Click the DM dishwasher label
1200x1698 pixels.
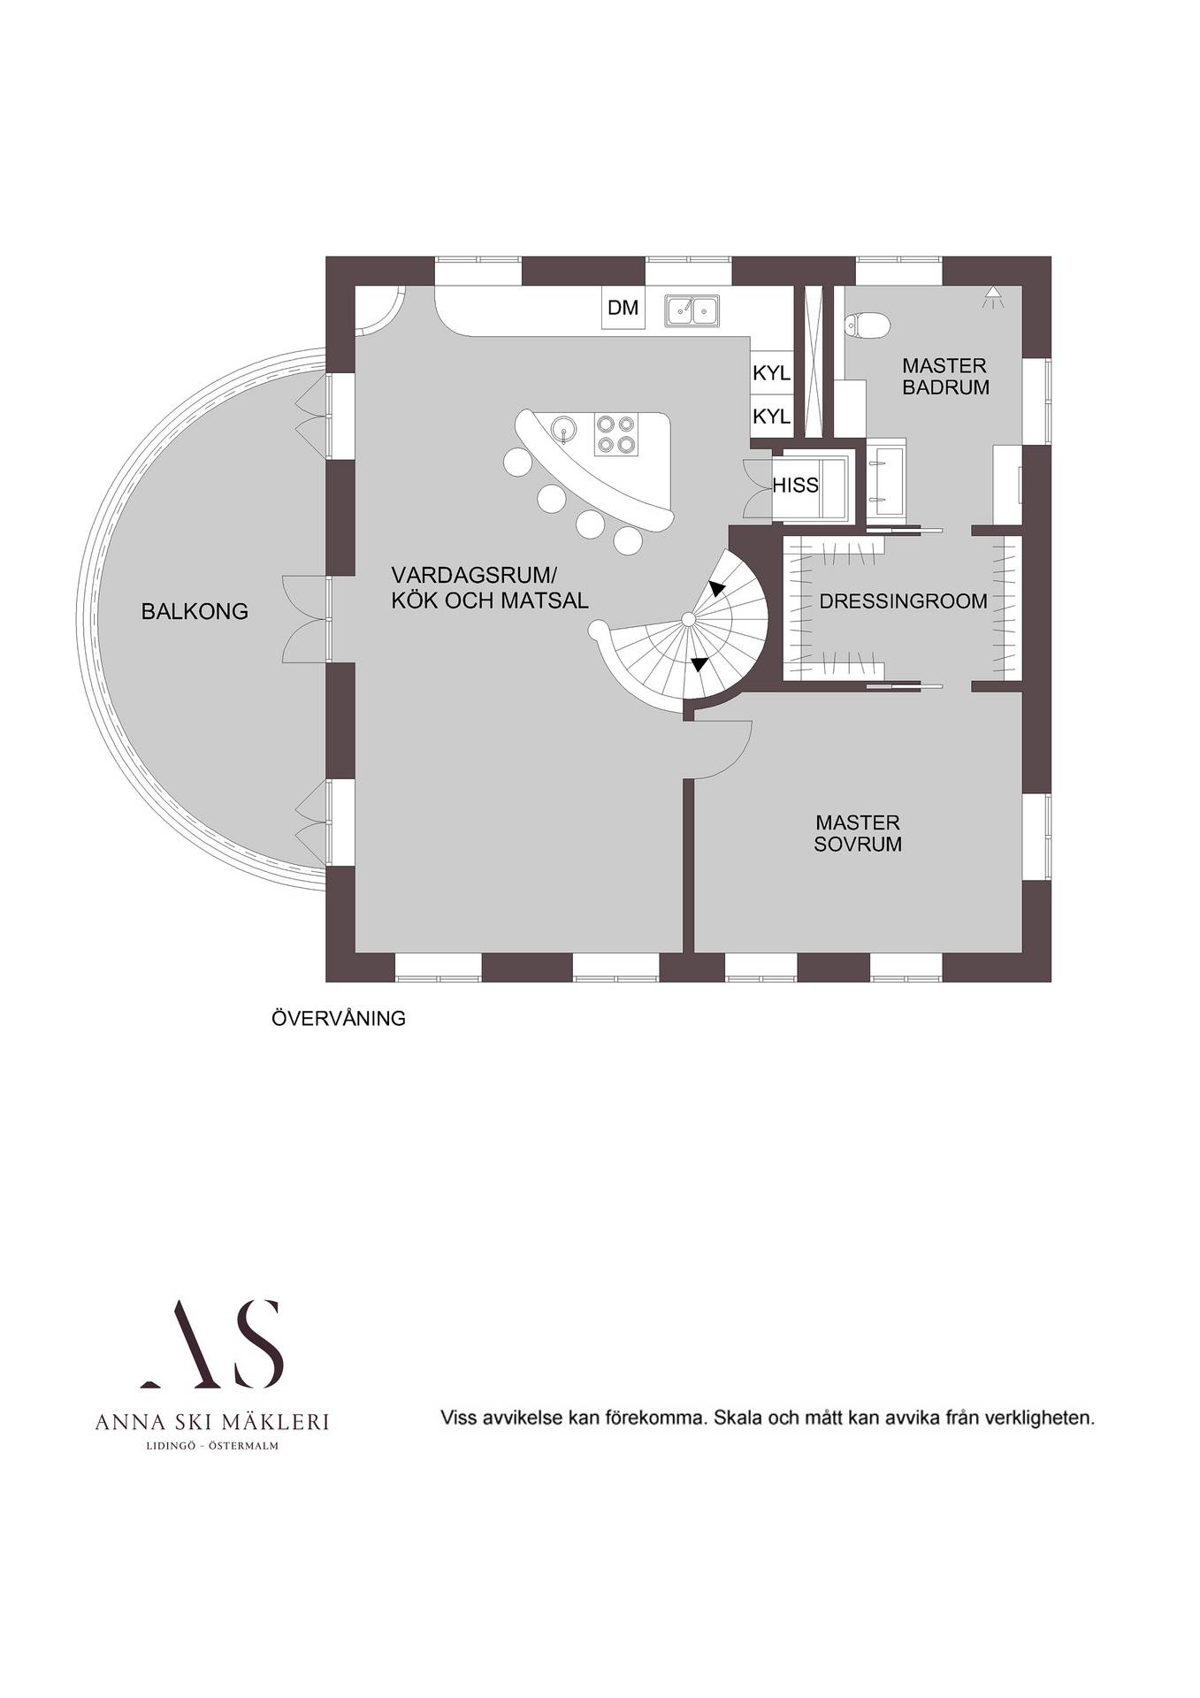(x=623, y=308)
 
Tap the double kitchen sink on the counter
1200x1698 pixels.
(x=692, y=310)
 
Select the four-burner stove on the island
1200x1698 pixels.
(x=615, y=434)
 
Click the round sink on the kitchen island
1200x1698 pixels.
(x=562, y=430)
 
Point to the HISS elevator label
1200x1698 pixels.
(x=795, y=486)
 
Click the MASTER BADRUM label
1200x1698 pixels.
(x=945, y=376)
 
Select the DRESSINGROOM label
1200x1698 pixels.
(x=903, y=601)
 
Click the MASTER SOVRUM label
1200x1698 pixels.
(x=858, y=833)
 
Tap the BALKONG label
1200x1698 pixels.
(x=195, y=611)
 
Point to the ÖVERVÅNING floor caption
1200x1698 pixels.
(x=339, y=1018)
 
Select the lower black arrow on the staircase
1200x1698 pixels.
(x=699, y=663)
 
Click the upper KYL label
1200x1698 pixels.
(x=771, y=373)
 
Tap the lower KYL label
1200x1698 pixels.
(x=771, y=416)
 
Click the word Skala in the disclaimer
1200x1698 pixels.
(x=738, y=1418)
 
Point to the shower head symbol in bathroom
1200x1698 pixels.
(x=994, y=297)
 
